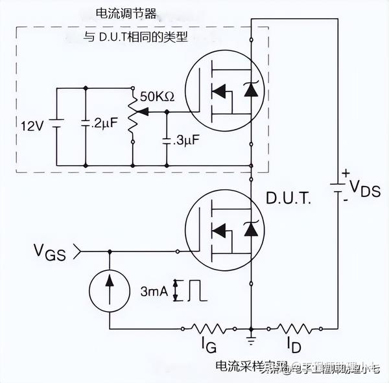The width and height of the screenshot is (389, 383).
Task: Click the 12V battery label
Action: click(x=30, y=125)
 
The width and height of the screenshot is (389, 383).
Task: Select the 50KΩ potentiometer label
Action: click(x=156, y=96)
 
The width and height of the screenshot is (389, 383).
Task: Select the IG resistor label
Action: click(x=207, y=342)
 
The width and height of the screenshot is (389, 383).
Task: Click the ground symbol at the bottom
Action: click(x=251, y=337)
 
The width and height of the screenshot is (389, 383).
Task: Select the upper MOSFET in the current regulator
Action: click(x=224, y=93)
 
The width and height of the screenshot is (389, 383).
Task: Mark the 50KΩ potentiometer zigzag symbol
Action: click(x=132, y=117)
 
